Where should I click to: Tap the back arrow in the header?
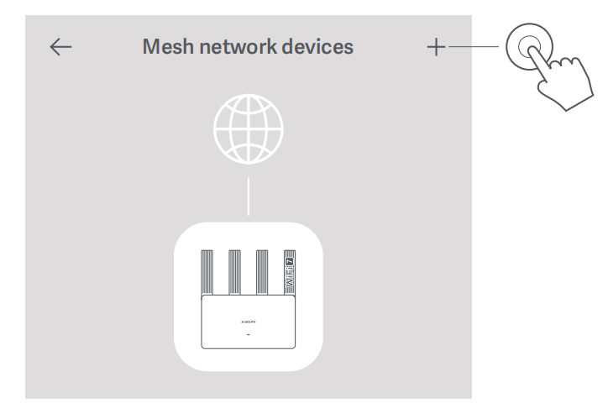61,48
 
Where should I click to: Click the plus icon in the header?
435,48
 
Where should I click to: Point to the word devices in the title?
313,48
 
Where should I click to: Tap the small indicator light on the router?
248,335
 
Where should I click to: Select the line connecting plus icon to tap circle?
475,48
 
